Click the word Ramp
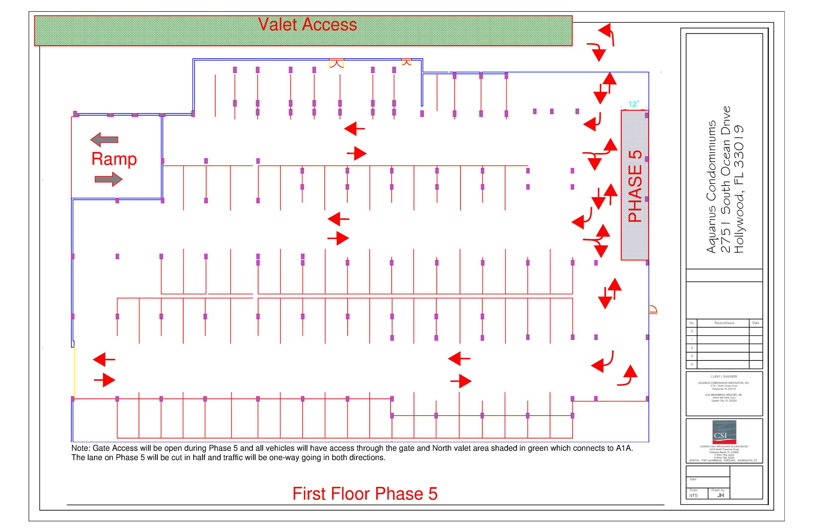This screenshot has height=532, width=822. point(114,159)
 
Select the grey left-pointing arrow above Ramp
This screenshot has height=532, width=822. point(104,140)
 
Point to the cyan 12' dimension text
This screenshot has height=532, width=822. point(633,104)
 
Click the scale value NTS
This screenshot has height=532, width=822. point(693,495)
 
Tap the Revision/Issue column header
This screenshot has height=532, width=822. point(724,323)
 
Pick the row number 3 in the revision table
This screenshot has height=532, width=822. point(691,356)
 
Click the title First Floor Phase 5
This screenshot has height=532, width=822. point(365,493)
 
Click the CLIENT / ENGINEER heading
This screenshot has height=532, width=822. point(724,377)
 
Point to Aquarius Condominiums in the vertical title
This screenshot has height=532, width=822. point(711,187)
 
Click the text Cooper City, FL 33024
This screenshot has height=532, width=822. point(724,401)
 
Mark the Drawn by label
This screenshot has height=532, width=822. point(718,490)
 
